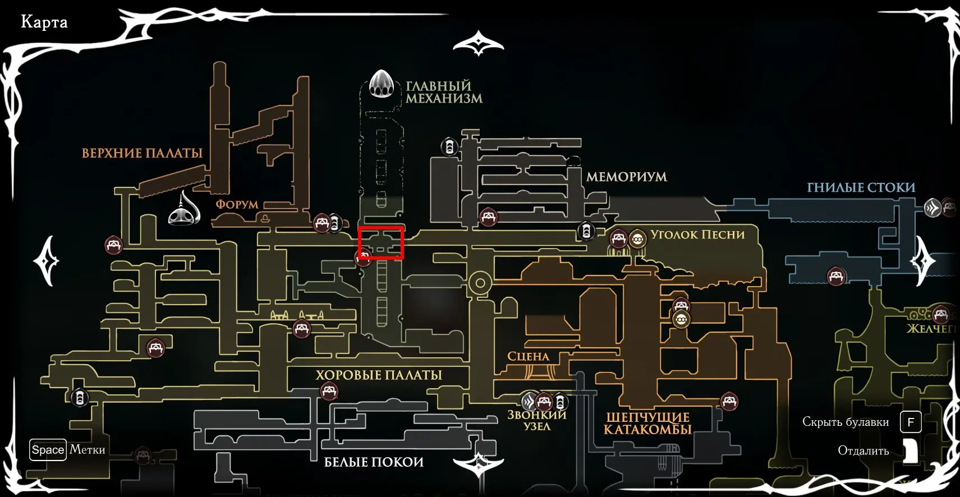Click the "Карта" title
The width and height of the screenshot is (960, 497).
(44, 22)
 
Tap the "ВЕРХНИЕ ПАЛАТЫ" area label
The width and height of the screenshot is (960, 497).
(142, 153)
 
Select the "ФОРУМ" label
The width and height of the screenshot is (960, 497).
(237, 204)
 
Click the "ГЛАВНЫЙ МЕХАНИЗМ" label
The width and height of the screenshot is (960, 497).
(444, 93)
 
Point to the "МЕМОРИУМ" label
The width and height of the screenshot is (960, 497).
(626, 177)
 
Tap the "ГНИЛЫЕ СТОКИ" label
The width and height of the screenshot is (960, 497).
(861, 187)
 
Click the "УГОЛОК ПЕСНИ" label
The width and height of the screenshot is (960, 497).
(697, 234)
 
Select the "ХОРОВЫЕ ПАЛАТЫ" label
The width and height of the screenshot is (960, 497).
(379, 375)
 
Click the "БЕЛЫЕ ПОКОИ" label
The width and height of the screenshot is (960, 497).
(374, 462)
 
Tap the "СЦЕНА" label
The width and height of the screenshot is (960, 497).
(528, 356)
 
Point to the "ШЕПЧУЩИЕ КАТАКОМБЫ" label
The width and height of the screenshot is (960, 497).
(647, 424)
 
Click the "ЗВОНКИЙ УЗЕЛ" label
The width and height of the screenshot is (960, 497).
(537, 421)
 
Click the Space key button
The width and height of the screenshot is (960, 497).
(48, 450)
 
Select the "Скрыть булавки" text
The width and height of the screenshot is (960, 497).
(846, 422)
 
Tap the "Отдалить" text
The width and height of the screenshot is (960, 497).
(863, 451)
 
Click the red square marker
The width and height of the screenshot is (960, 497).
(381, 243)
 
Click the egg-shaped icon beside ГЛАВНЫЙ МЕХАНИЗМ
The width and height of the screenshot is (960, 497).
(382, 84)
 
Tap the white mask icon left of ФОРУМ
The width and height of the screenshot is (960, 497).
(185, 209)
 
